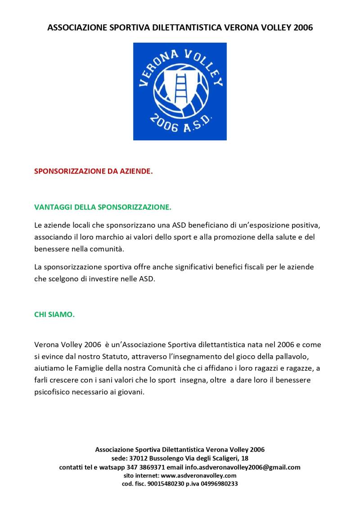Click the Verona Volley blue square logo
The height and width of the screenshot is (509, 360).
click(180, 91)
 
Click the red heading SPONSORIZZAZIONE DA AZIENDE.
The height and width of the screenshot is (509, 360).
click(94, 171)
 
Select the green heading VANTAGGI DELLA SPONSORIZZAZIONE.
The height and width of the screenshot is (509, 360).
click(103, 207)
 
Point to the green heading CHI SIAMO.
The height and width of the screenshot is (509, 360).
click(54, 314)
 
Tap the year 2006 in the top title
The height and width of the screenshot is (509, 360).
click(303, 27)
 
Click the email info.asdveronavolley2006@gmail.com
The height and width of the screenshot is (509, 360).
click(243, 467)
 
